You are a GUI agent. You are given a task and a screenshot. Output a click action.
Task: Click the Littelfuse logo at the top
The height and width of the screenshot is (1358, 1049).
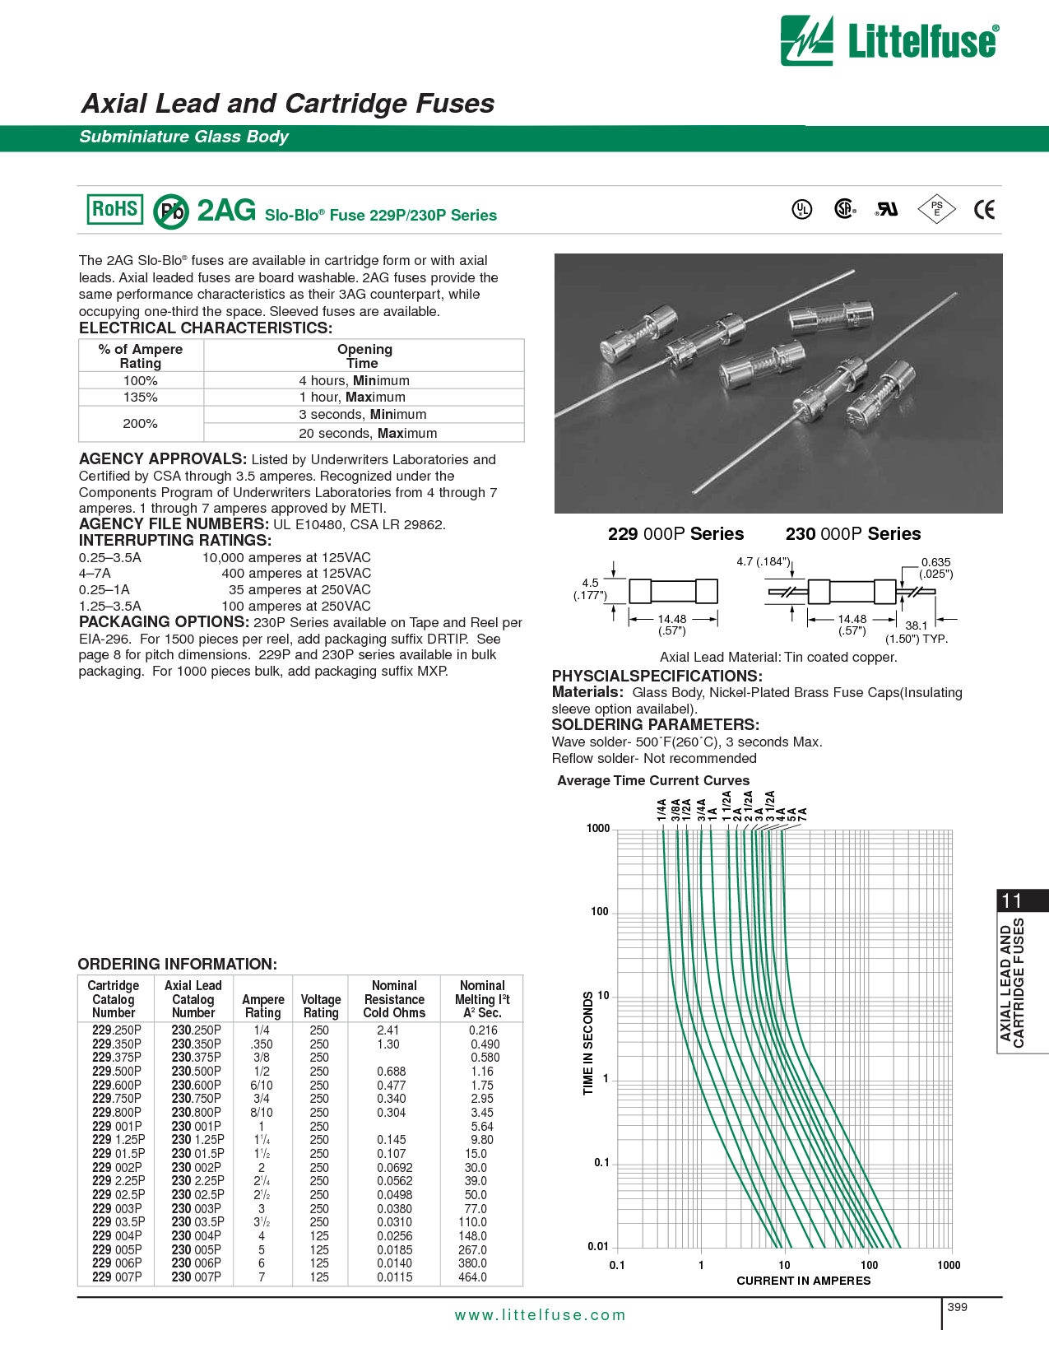tap(889, 40)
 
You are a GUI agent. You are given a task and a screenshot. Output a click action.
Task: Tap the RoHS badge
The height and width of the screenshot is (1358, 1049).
tap(114, 209)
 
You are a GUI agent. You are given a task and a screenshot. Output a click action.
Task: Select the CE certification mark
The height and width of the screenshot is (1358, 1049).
tap(984, 210)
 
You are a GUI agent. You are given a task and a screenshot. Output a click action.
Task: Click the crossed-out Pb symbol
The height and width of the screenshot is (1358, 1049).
tap(171, 212)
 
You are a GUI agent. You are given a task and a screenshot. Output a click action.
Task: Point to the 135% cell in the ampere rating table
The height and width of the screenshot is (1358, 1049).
tap(141, 398)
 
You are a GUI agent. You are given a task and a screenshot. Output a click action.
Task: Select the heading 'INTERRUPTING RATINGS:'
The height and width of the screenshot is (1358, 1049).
tap(175, 541)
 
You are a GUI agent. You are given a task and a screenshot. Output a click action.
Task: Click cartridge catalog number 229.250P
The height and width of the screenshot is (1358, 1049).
tap(117, 1030)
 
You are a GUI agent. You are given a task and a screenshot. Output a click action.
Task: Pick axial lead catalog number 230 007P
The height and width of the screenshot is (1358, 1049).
tap(196, 1277)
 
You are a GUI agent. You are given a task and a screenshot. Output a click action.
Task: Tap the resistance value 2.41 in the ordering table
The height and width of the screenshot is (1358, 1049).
tap(388, 1030)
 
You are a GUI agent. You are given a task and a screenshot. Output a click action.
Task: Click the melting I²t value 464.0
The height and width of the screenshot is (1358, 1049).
tap(473, 1277)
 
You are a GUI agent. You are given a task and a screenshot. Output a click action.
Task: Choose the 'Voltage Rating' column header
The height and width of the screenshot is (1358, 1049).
tap(321, 1006)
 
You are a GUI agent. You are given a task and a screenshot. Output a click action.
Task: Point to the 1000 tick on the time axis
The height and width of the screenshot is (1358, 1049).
tap(598, 828)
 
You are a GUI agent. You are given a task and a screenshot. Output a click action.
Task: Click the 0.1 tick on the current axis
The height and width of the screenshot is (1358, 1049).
tap(617, 1265)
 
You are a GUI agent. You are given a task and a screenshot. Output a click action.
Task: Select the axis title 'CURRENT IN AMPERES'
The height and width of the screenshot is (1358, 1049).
tap(803, 1281)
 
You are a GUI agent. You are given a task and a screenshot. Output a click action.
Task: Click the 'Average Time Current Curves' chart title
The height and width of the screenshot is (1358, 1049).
tap(653, 780)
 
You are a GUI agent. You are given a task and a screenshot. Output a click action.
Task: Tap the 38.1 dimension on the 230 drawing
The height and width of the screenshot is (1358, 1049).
tap(916, 626)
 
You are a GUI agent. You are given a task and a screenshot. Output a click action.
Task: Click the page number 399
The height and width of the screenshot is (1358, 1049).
tap(958, 1307)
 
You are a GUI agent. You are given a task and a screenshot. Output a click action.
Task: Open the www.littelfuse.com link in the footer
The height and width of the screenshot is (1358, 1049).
tap(540, 1315)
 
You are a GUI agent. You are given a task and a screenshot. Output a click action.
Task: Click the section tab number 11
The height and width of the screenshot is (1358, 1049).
tap(1011, 900)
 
